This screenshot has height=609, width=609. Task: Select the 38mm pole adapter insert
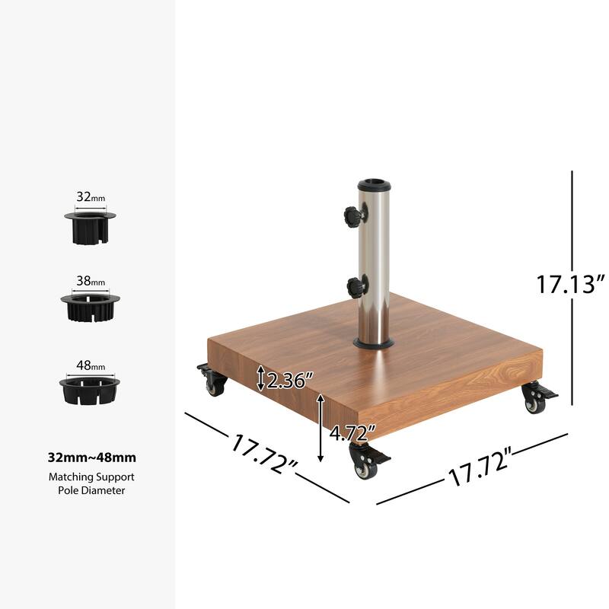click(91, 305)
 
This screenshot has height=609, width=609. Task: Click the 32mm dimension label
click(91, 196)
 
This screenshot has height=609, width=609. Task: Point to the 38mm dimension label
click(91, 280)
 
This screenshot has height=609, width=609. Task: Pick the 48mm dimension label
click(91, 365)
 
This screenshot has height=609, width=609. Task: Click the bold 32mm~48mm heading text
click(91, 458)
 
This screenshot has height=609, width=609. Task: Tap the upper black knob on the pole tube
click(352, 216)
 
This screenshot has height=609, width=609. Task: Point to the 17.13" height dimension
click(570, 284)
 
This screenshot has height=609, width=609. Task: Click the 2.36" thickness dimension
click(287, 379)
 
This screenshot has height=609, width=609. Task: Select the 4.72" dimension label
click(352, 434)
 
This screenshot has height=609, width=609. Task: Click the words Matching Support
click(91, 477)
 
